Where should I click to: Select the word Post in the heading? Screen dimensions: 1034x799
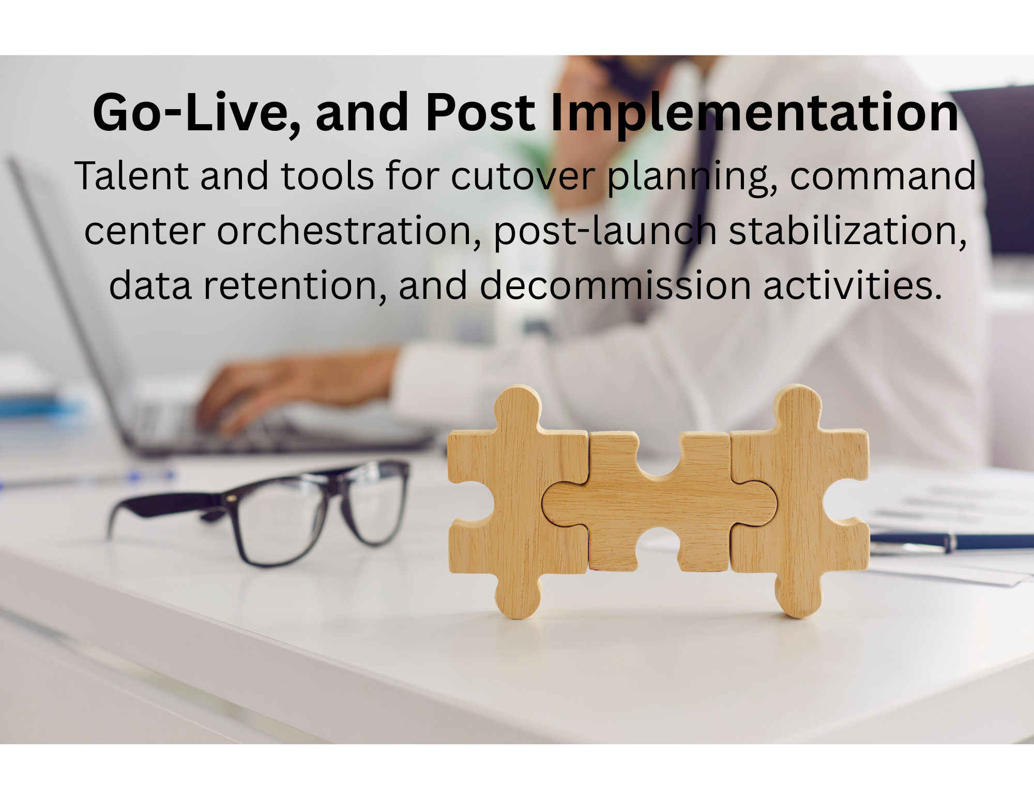tap(480, 112)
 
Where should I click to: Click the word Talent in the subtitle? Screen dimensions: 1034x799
tap(132, 176)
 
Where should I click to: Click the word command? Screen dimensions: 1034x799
tap(883, 176)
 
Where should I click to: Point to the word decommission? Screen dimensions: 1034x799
tap(615, 285)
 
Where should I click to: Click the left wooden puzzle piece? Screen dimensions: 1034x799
tap(517, 502)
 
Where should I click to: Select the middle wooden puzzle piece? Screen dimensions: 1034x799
tap(659, 502)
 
